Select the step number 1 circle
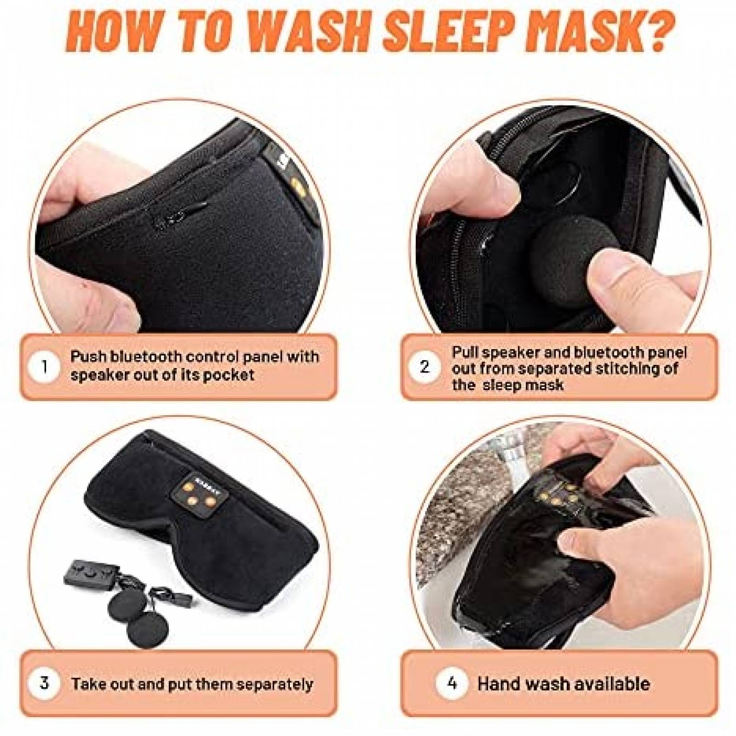(45, 367)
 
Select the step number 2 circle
(425, 367)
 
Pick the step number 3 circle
(45, 683)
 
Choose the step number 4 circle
(451, 683)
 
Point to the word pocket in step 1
(229, 375)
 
